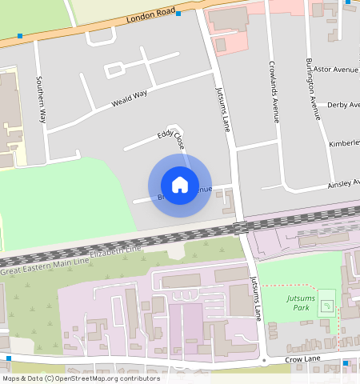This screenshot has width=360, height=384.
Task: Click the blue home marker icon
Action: pyautogui.click(x=180, y=186)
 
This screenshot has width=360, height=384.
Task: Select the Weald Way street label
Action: pyautogui.click(x=130, y=98)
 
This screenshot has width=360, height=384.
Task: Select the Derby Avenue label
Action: pyautogui.click(x=342, y=105)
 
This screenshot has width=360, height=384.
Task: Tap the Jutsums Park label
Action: pyautogui.click(x=302, y=302)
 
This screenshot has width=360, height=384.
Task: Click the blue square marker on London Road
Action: pyautogui.click(x=178, y=14)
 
